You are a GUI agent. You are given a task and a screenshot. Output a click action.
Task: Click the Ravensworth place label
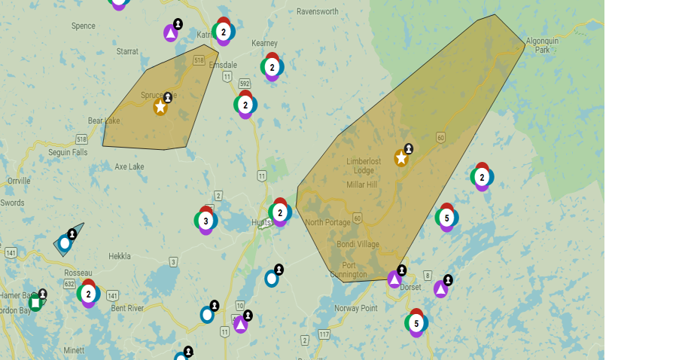pyautogui.click(x=317, y=12)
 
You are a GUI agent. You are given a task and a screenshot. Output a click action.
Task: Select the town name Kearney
pyautogui.click(x=265, y=44)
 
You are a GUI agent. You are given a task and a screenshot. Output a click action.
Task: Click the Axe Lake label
pyautogui.click(x=129, y=166)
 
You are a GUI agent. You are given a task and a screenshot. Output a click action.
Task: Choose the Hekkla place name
pyautogui.click(x=120, y=256)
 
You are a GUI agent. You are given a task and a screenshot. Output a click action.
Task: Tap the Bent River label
pyautogui.click(x=127, y=308)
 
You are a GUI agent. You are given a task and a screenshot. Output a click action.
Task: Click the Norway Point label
pyautogui.click(x=356, y=308)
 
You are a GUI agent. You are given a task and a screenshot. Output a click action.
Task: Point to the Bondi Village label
pyautogui.click(x=358, y=245)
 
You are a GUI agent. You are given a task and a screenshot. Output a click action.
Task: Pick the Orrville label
pyautogui.click(x=19, y=181)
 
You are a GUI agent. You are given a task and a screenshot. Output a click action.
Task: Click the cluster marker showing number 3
pyautogui.click(x=205, y=221)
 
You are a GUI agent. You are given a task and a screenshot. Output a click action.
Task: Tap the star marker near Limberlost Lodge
pyautogui.click(x=401, y=158)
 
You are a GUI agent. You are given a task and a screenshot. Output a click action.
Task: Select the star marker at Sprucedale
pyautogui.click(x=160, y=107)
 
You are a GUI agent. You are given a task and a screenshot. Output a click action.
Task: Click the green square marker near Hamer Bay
pyautogui.click(x=35, y=303)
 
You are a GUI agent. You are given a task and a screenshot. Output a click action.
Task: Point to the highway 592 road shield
pyautogui.click(x=244, y=84)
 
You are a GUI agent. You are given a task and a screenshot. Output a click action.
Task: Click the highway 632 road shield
pyautogui.click(x=69, y=283)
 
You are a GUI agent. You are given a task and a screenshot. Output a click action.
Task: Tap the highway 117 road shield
pyautogui.click(x=324, y=334)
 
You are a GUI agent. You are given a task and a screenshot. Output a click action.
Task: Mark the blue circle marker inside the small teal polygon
pyautogui.click(x=65, y=243)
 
